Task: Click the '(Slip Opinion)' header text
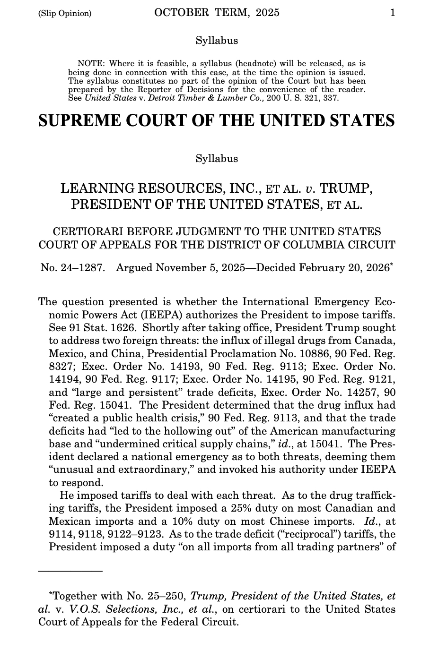tap(64, 13)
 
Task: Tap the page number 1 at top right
tap(393, 13)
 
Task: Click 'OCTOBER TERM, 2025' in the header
tap(217, 13)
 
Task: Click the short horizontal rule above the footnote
tap(70, 571)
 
